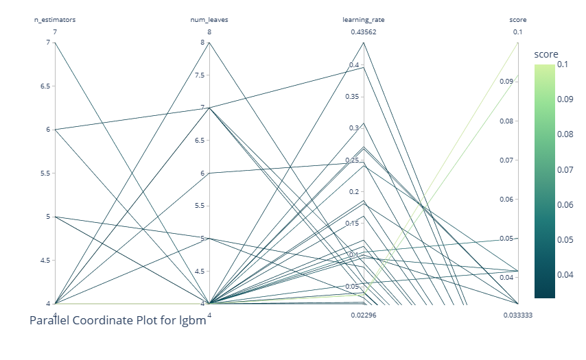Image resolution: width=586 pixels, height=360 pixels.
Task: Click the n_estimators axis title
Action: click(x=55, y=20)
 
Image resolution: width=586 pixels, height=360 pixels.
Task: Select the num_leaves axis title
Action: click(x=209, y=20)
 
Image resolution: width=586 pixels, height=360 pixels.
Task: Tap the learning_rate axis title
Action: click(x=364, y=20)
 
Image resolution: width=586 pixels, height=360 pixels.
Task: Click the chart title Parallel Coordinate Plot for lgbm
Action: click(x=118, y=320)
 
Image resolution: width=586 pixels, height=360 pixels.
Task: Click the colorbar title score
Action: click(x=546, y=54)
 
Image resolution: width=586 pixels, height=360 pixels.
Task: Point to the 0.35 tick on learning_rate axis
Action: click(x=353, y=97)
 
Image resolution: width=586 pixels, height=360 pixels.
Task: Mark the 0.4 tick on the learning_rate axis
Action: click(x=355, y=65)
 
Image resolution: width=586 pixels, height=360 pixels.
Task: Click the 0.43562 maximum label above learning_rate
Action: click(x=364, y=32)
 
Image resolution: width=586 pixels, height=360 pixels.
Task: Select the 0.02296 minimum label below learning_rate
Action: click(x=364, y=315)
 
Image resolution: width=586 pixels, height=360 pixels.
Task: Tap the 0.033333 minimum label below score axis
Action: click(x=518, y=315)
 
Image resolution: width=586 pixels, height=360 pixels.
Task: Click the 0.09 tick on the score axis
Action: click(x=506, y=82)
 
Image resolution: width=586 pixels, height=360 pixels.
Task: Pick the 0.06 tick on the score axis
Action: click(x=506, y=199)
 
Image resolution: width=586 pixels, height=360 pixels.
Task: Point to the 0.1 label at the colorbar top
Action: click(x=563, y=64)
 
